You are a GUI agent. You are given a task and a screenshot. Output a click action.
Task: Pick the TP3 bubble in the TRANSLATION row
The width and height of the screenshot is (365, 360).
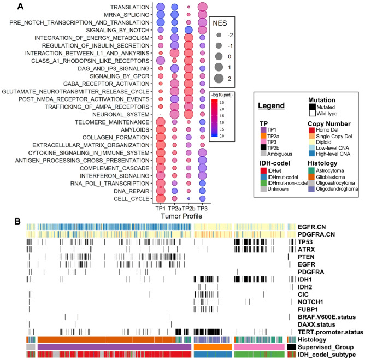[202, 7]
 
